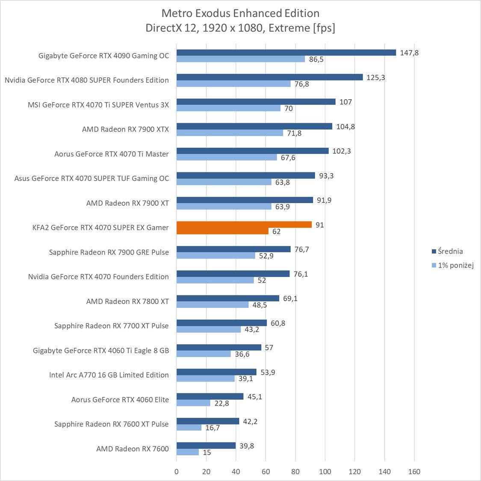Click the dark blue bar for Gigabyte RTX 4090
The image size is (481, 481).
286,53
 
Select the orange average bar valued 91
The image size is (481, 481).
244,224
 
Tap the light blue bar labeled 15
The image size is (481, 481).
188,452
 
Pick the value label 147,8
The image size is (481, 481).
409,53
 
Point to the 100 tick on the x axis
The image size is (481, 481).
325,472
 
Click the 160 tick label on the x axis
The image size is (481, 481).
414,472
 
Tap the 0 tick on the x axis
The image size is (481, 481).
177,472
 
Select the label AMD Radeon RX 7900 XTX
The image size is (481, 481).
125,129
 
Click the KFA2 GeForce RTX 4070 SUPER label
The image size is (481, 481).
100,227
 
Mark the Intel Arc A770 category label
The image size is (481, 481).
109,375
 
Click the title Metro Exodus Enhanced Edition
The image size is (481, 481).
240,13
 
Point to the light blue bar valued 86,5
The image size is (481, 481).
241,59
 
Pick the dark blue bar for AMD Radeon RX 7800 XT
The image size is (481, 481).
228,298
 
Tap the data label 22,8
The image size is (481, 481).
221,403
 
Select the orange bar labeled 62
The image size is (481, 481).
222,231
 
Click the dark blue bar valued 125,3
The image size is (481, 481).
269,77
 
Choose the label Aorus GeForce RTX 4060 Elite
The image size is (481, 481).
120,399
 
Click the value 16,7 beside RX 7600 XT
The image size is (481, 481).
212,428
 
